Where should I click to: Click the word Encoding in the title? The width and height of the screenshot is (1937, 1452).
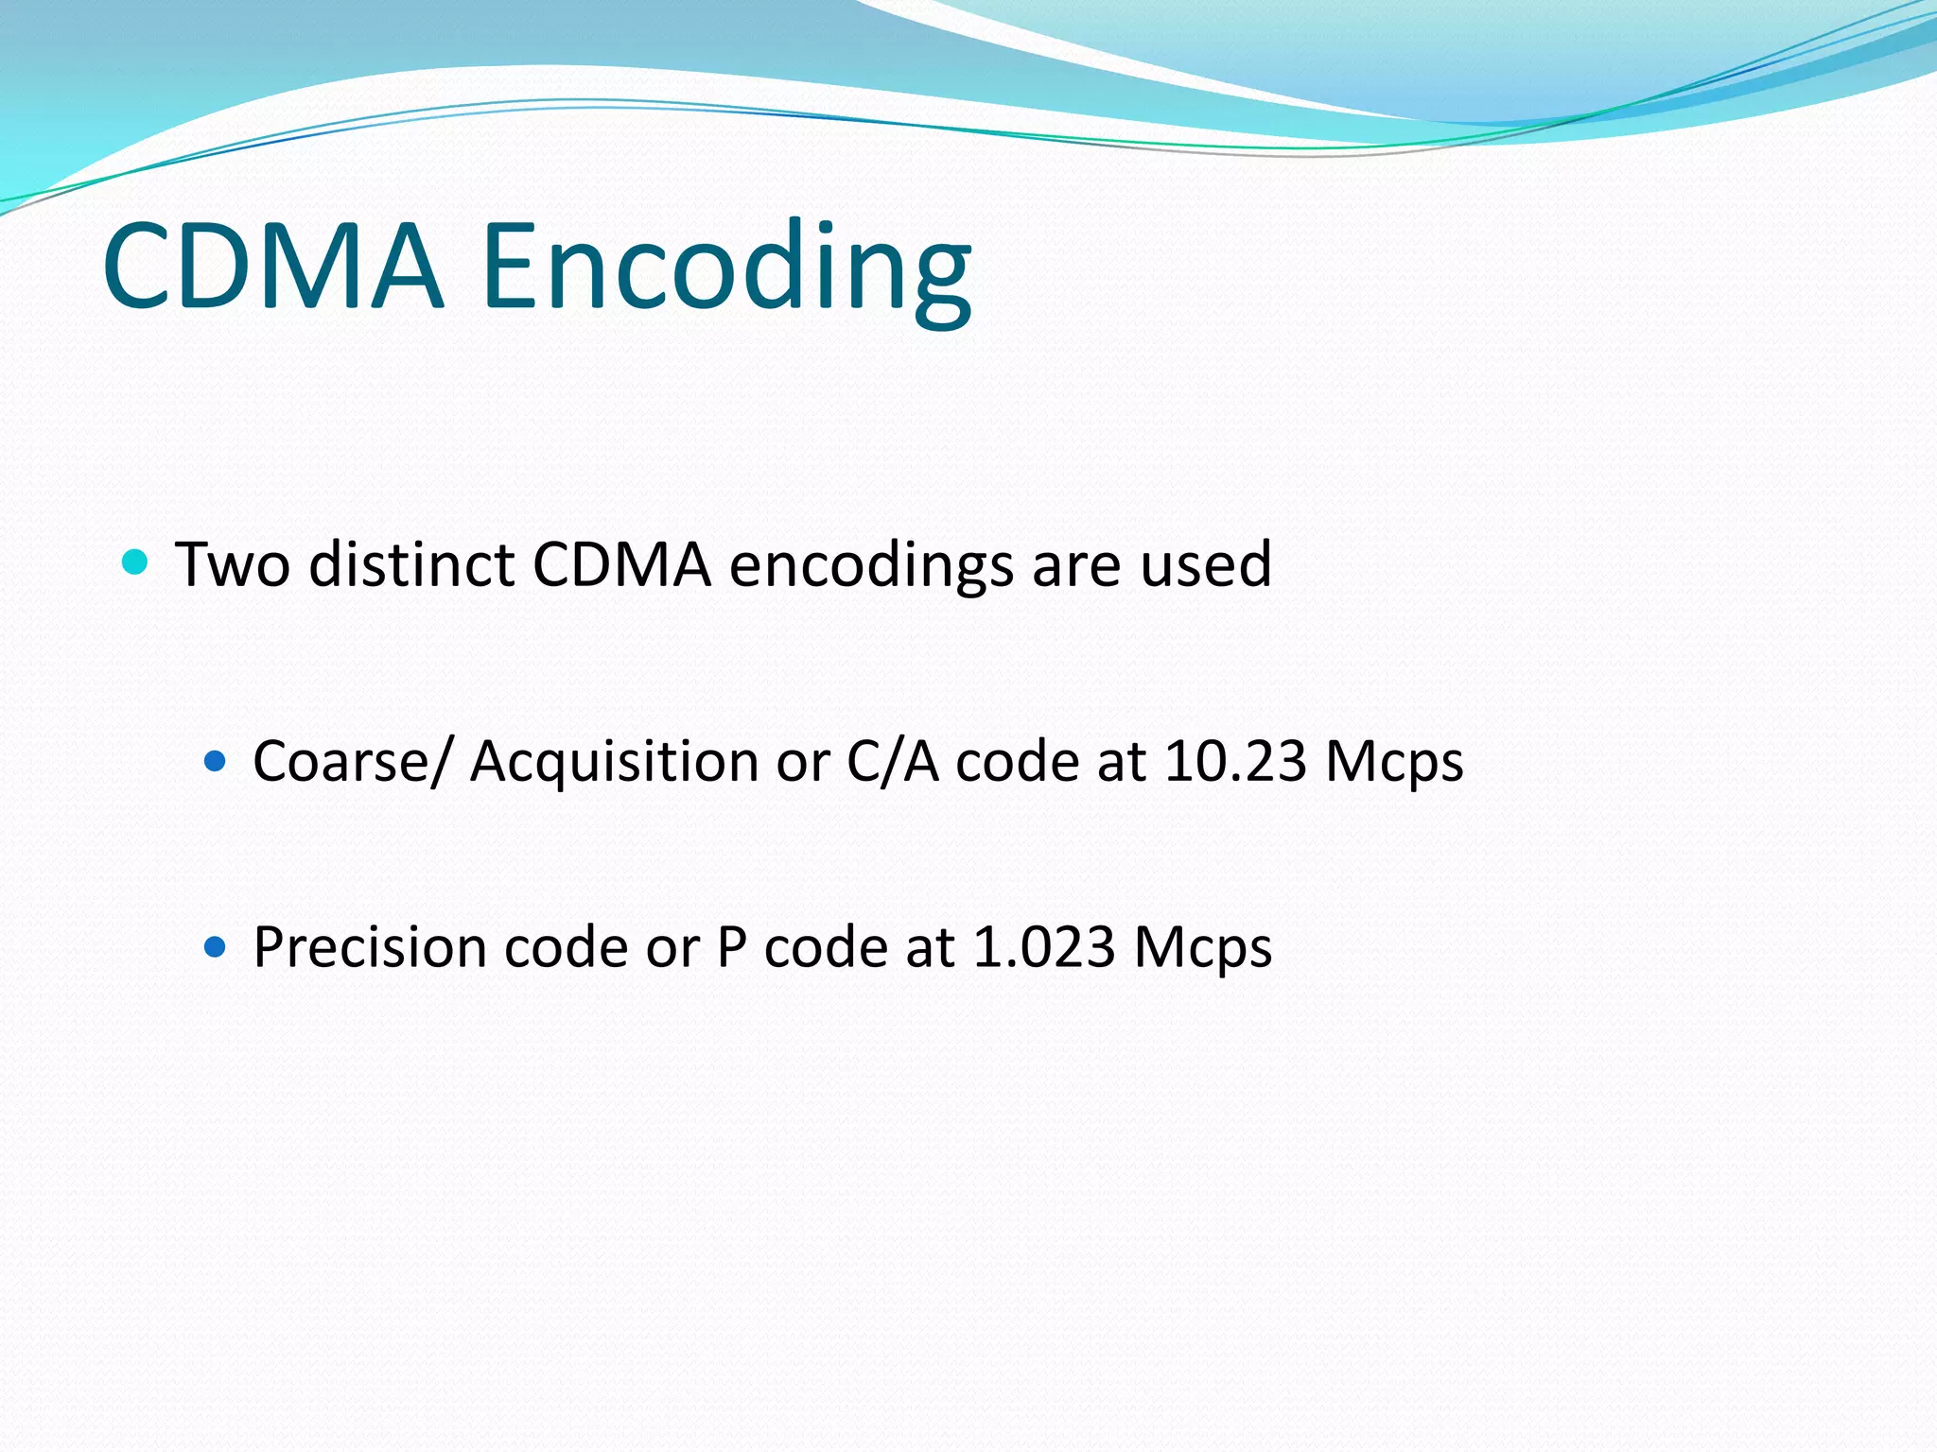point(726,269)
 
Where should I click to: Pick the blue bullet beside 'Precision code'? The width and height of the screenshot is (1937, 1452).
point(216,946)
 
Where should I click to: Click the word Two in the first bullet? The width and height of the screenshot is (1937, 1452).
point(233,564)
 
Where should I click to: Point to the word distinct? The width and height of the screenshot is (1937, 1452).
point(411,564)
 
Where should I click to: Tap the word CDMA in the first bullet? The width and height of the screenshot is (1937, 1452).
point(621,564)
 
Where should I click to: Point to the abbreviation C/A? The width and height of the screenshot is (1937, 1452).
point(893,761)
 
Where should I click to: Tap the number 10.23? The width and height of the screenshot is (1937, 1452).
point(1235,761)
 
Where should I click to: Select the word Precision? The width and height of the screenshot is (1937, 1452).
point(370,947)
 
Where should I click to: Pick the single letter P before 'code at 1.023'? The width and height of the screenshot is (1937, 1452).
point(731,947)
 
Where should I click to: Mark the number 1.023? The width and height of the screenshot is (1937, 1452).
point(1044,947)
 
